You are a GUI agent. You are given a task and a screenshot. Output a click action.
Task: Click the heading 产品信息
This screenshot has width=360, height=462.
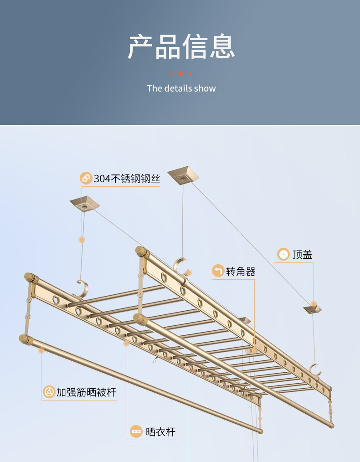point(181,46)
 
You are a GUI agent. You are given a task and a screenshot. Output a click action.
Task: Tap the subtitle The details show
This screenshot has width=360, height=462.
point(181,88)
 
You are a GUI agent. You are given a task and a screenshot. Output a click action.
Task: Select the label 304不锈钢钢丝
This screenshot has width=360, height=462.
point(127,179)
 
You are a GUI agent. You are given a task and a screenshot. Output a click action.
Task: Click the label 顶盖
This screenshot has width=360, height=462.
point(302,254)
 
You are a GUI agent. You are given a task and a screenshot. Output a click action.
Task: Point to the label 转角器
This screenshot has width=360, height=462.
point(241,272)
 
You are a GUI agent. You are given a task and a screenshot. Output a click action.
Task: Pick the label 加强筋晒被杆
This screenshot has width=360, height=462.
point(86,392)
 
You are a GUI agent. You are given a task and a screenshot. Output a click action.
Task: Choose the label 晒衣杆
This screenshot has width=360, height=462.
point(160,431)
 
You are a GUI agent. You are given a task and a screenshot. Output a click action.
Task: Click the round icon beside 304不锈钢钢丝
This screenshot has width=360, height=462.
point(86,178)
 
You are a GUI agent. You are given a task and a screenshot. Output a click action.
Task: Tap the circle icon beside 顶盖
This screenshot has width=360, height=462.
point(283,254)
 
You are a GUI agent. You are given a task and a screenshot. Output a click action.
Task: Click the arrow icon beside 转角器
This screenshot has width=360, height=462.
point(218,272)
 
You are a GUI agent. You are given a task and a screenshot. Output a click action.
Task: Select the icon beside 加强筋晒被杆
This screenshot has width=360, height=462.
point(49,392)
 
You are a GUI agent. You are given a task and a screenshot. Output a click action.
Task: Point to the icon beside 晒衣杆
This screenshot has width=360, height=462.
point(136,431)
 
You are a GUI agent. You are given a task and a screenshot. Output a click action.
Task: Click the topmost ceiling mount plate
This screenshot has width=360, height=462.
point(184,174)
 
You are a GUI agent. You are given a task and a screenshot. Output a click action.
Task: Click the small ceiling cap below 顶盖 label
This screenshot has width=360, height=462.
point(313,309)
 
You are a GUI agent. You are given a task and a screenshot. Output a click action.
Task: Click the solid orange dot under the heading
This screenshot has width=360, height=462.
point(180,73)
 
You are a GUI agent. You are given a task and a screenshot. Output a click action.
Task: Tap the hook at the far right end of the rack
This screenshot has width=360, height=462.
point(315,369)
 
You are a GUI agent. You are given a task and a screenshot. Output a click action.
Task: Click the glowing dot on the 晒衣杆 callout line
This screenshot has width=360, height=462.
point(127,343)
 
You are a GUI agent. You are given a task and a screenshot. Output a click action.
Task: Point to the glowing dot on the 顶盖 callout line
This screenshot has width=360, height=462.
point(314,303)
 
